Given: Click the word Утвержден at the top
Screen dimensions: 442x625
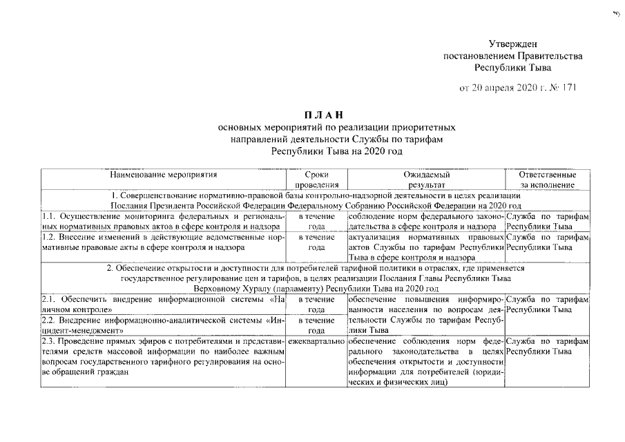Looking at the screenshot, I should [x=513, y=44].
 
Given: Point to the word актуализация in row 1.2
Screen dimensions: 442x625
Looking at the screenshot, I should [x=374, y=237].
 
